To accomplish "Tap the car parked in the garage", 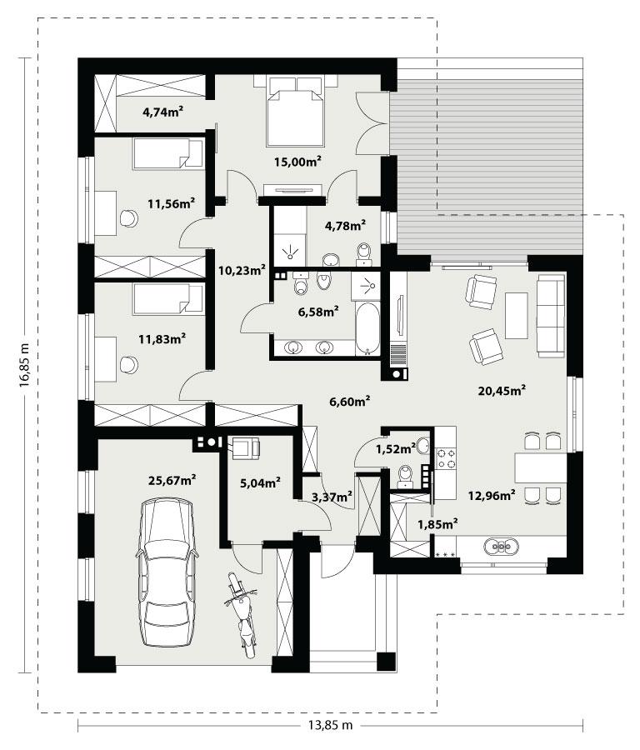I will point(169,572).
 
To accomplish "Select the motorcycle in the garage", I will point(242,617).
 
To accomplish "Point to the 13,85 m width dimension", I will point(325,726).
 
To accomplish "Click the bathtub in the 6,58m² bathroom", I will point(367,327).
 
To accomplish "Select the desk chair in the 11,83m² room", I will point(129,364).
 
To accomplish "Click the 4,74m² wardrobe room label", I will point(162,112).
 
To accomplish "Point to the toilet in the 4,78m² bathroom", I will point(364,252).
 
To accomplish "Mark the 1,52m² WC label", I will point(395,449).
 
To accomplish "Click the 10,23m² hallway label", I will point(242,269).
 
